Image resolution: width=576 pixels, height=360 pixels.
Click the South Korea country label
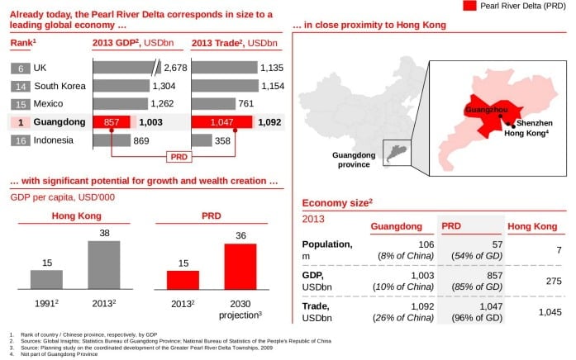(59, 86)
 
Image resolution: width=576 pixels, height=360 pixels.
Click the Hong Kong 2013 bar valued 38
(104, 265)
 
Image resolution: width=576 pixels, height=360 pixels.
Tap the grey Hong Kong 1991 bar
(47, 279)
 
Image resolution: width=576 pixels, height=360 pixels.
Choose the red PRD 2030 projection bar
(240, 267)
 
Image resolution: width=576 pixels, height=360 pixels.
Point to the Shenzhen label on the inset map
(535, 122)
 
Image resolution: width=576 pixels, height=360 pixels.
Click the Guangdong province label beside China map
(354, 159)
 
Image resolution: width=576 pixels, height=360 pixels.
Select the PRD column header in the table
(451, 225)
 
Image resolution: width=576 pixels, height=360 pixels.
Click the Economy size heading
(336, 202)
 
